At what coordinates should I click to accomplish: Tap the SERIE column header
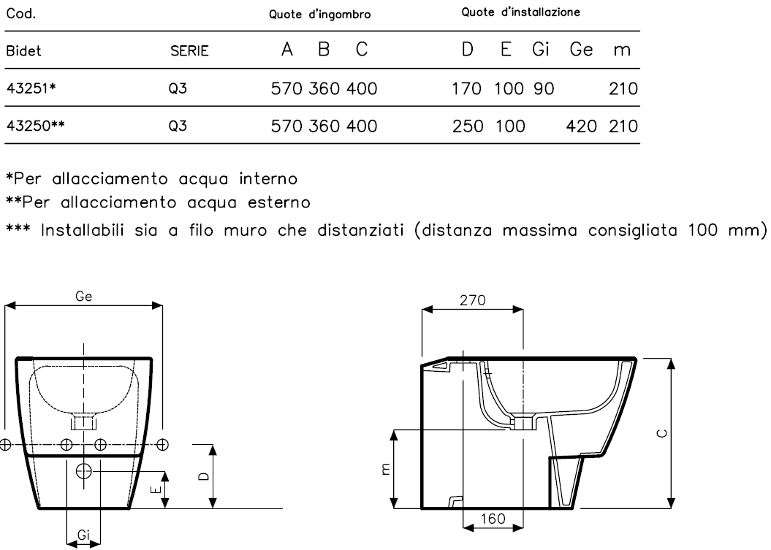coord(189,53)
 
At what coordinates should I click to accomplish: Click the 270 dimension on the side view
coord(473,299)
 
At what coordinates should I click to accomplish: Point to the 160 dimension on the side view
coord(493,518)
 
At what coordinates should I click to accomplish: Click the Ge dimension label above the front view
coord(83,297)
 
